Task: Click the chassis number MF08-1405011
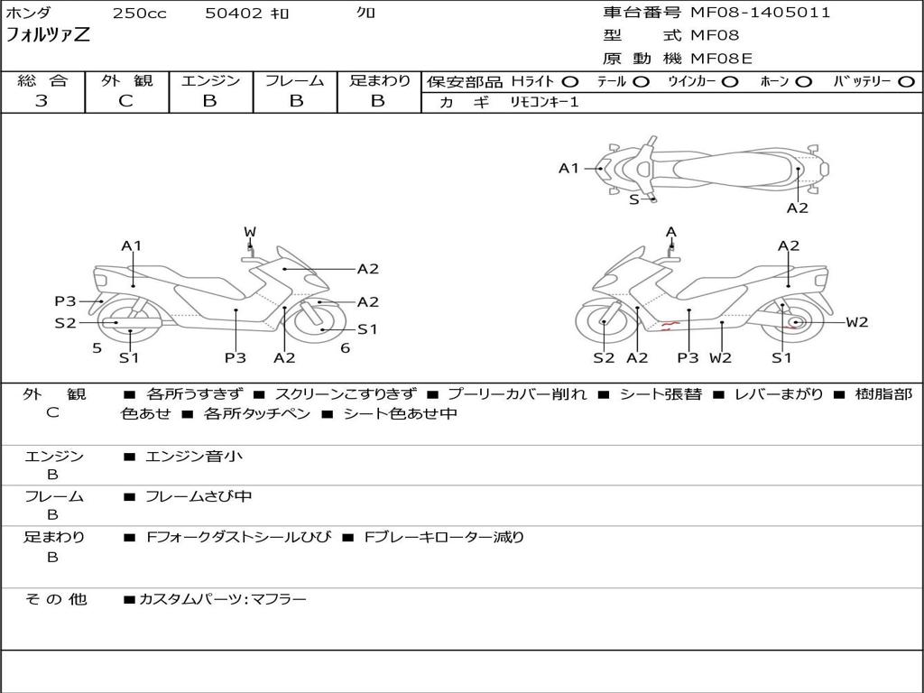760,13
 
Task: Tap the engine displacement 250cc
139,14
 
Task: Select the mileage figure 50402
235,14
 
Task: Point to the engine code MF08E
721,59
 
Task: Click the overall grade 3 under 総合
42,101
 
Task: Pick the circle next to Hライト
570,81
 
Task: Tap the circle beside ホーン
804,81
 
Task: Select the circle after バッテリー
906,81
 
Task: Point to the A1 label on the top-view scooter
568,168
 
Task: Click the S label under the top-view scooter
633,199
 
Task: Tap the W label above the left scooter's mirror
249,232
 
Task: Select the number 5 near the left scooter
97,347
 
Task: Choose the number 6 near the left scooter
345,347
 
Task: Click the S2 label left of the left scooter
65,322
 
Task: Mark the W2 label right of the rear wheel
856,322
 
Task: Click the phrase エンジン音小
194,457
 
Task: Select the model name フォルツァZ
48,36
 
